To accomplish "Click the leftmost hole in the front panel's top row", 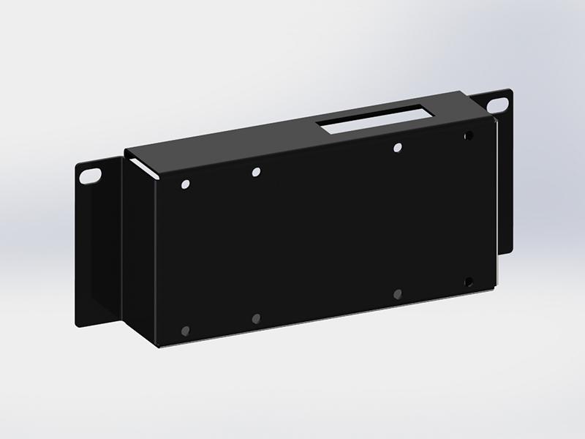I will coord(184,184).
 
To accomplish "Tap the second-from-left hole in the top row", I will coord(256,173).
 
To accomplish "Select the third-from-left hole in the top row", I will coord(397,148).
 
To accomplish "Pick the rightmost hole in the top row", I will coord(468,135).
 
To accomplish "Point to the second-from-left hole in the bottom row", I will coord(256,319).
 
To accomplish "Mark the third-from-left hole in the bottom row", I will coord(397,294).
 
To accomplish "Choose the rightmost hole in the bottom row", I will coord(468,281).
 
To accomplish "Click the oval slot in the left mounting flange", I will coord(91,175).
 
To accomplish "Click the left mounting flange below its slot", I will coord(91,249).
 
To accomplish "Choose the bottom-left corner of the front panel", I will coord(158,345).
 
